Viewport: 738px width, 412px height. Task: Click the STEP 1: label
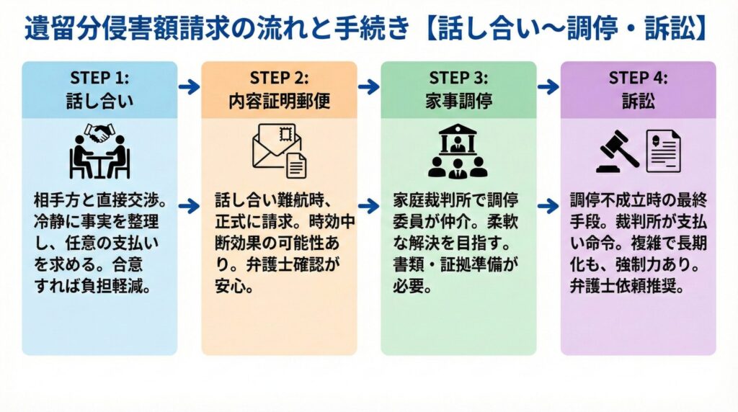(99, 78)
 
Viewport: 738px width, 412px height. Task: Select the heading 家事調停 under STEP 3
(458, 101)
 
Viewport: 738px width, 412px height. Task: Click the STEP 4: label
(639, 78)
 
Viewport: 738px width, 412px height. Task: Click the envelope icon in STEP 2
(272, 144)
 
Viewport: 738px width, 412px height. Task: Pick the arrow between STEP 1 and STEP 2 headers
(189, 87)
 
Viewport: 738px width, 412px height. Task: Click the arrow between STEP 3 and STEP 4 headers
(548, 87)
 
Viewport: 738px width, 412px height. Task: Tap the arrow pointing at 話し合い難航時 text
(189, 207)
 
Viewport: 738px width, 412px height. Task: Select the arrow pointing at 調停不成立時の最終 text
(548, 207)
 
